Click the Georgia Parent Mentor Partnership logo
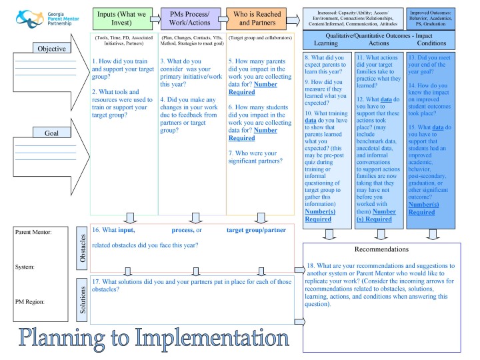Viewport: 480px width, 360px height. (47, 19)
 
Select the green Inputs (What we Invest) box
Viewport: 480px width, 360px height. (123, 19)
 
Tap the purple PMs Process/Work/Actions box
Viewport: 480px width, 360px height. (191, 19)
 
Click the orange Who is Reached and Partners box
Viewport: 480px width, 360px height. (257, 19)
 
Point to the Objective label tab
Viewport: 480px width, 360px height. (52, 49)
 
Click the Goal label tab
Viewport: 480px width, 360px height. (52, 133)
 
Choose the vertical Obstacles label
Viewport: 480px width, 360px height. (82, 248)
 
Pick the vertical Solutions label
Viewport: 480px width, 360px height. (82, 300)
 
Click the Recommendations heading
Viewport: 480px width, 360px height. (381, 249)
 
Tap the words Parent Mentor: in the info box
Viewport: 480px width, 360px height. (33, 232)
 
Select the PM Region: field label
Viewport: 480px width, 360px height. (30, 302)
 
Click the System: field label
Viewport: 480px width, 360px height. (25, 267)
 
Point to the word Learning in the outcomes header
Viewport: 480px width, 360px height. (326, 43)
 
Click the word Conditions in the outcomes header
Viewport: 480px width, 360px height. (431, 43)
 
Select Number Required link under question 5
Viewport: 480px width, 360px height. (253, 88)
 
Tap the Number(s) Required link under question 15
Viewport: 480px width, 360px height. (424, 209)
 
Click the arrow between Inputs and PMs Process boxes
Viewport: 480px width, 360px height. (156, 19)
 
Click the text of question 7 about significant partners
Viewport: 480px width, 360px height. (255, 157)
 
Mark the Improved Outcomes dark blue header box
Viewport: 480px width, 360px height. (431, 19)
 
